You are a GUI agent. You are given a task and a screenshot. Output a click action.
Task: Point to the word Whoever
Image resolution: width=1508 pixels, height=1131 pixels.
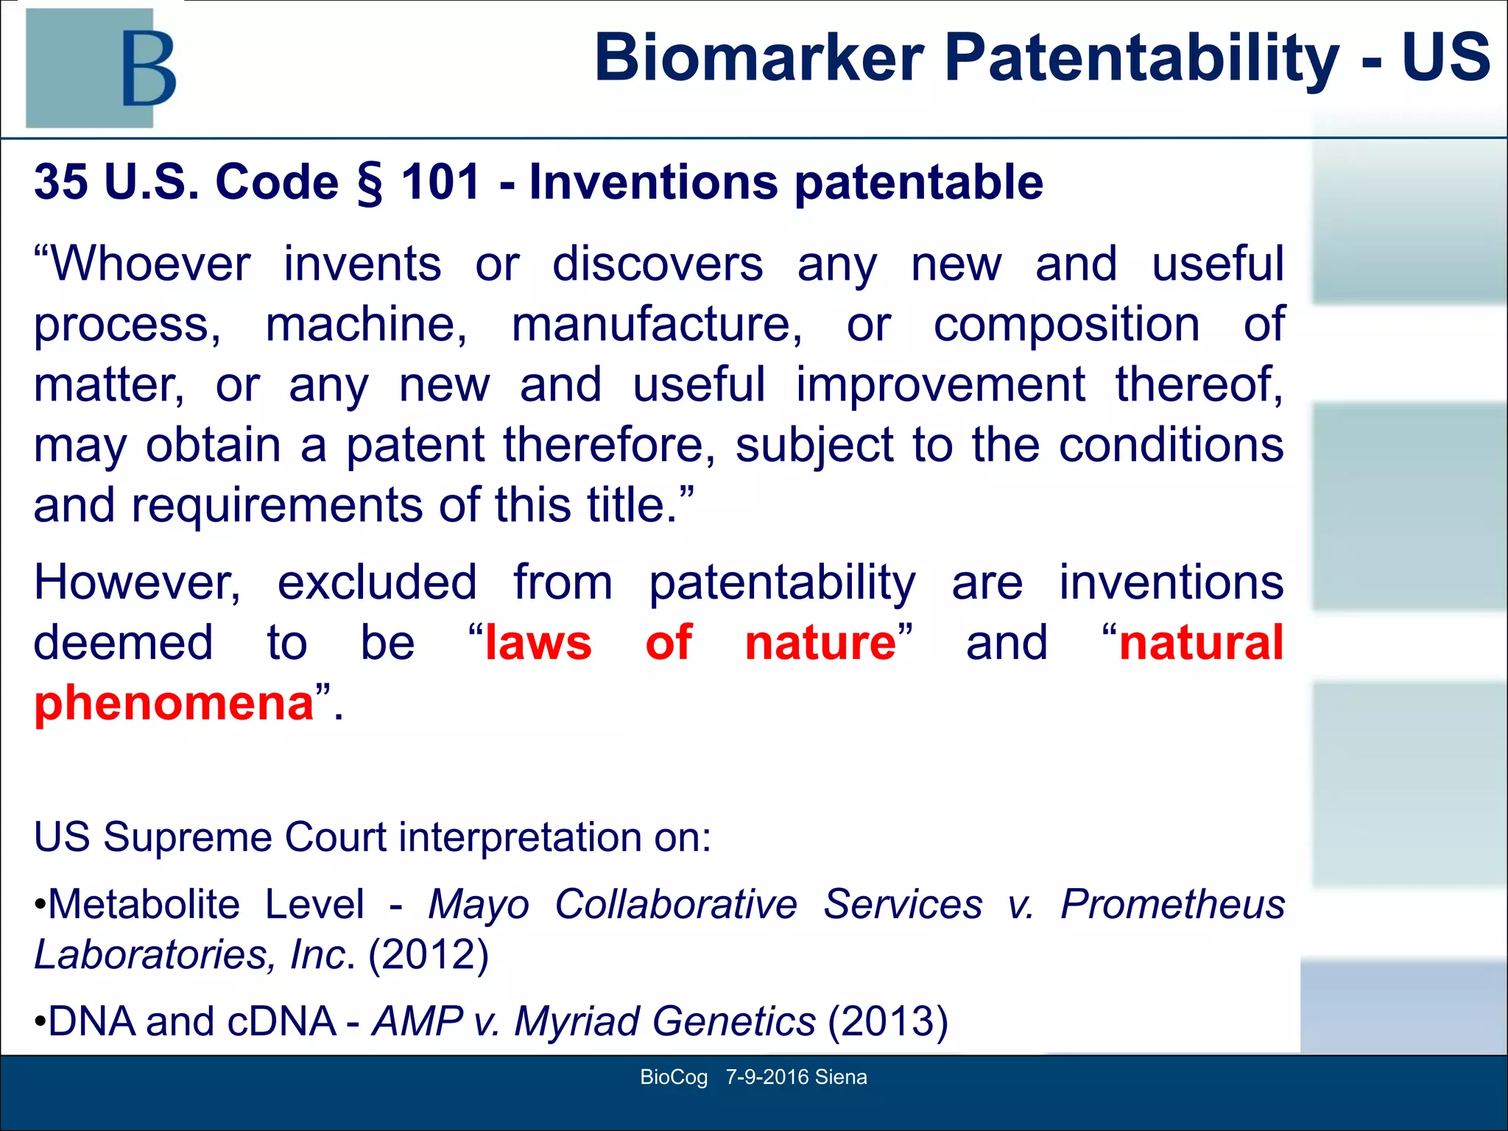[x=143, y=264]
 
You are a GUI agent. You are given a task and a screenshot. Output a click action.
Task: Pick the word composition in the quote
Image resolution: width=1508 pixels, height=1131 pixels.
[x=1066, y=325]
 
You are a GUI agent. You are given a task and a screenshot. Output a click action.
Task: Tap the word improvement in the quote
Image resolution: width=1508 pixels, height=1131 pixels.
[x=940, y=385]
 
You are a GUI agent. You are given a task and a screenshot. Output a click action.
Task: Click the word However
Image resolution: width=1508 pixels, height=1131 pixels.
[x=138, y=583]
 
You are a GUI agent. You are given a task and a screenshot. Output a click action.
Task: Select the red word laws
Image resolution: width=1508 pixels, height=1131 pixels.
[x=538, y=644]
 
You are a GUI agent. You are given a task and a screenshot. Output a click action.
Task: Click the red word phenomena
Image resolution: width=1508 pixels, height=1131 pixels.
[x=175, y=704]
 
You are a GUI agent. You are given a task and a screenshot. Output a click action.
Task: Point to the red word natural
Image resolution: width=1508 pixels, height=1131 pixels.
[x=1201, y=644]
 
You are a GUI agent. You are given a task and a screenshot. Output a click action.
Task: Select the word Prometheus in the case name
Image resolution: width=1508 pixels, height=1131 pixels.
[x=1172, y=905]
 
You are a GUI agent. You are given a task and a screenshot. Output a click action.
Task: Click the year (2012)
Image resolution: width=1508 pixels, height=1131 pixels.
[x=429, y=955]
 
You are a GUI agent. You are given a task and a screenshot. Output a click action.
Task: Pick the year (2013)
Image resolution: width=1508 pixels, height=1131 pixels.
[x=887, y=1022]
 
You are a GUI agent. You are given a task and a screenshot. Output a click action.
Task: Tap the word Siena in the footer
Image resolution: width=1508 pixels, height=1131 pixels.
[x=841, y=1077]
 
